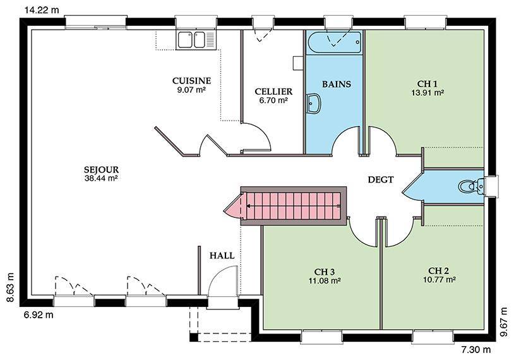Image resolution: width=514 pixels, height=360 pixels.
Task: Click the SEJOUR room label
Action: tap(101, 170)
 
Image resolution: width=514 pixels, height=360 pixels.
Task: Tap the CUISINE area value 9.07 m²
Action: tap(191, 90)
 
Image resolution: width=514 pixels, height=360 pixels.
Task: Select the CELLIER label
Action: tap(273, 92)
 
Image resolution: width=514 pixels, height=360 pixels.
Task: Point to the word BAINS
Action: tap(337, 84)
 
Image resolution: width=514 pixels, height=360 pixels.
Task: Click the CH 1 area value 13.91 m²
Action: tap(427, 92)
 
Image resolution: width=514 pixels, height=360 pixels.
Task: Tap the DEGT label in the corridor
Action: tap(381, 179)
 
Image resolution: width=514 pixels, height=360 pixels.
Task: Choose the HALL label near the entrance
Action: tap(222, 256)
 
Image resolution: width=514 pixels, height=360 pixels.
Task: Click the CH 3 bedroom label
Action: tap(324, 272)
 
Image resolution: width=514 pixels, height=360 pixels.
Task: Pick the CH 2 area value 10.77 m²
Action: tap(439, 280)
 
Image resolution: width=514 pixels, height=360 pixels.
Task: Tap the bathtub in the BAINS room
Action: tap(335, 43)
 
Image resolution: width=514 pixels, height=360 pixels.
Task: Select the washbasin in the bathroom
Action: tap(314, 104)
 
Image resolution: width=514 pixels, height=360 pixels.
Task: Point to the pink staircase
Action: tap(289, 206)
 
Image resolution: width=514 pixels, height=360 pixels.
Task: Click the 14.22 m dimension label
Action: tap(42, 10)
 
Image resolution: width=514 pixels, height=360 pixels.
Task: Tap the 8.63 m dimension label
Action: tap(11, 287)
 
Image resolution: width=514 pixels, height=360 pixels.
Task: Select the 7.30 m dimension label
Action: tap(476, 350)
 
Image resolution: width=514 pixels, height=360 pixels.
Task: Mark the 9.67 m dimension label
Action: tap(504, 322)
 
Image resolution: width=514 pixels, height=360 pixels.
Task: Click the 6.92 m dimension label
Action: tap(39, 315)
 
